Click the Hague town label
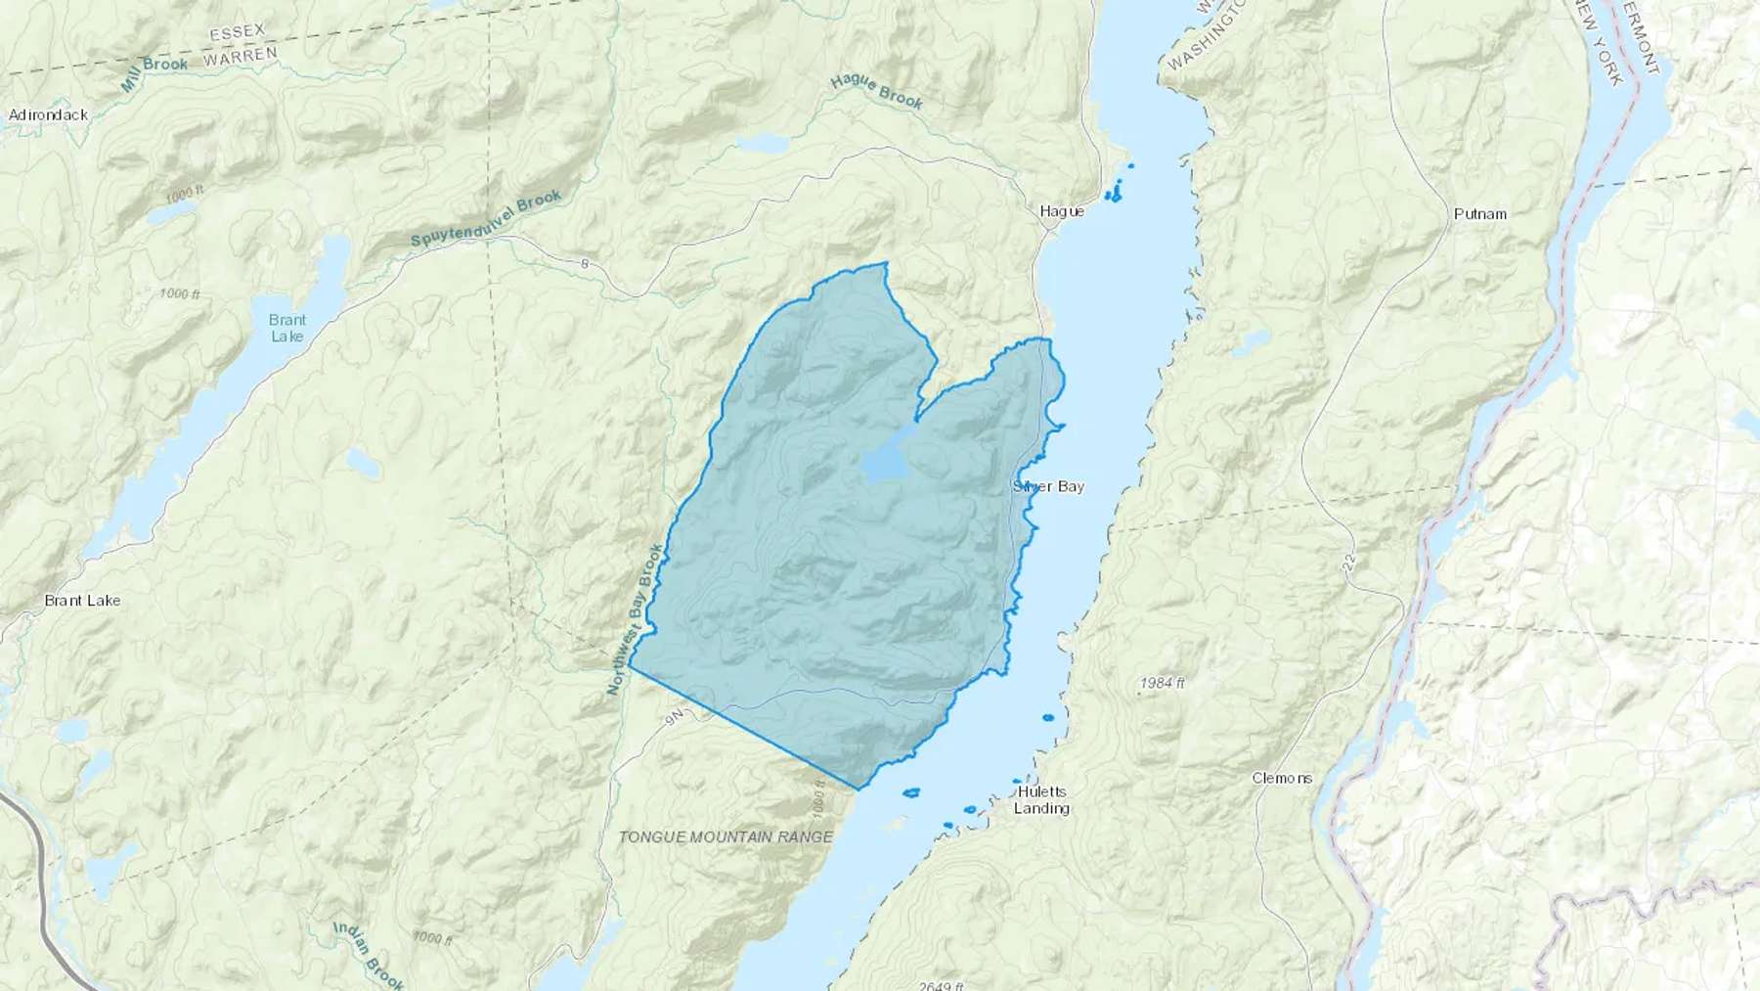(1061, 210)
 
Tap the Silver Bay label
(1048, 486)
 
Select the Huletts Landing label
(1041, 800)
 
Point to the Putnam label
(1479, 213)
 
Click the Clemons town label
(1282, 778)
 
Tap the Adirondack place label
(48, 114)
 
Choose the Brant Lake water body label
(286, 328)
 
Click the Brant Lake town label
(82, 600)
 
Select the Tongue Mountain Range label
(726, 836)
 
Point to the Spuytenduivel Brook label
(486, 219)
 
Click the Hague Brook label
(876, 92)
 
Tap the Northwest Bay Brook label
(635, 620)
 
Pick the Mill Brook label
(154, 74)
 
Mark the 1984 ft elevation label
(1162, 683)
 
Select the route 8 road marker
(584, 263)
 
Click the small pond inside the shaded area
(887, 462)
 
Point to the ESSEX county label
(238, 33)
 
